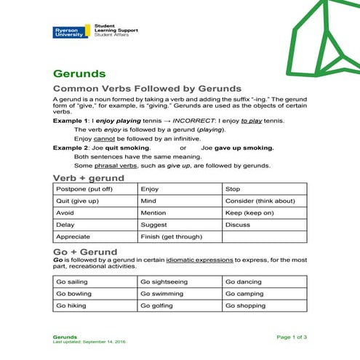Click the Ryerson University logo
[x=69, y=32]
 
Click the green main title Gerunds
[x=80, y=73]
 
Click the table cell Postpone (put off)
[x=84, y=188]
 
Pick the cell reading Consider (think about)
[x=260, y=201]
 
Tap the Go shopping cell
[x=246, y=306]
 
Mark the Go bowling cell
[x=73, y=294]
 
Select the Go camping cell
[x=245, y=294]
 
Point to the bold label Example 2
[x=71, y=147]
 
